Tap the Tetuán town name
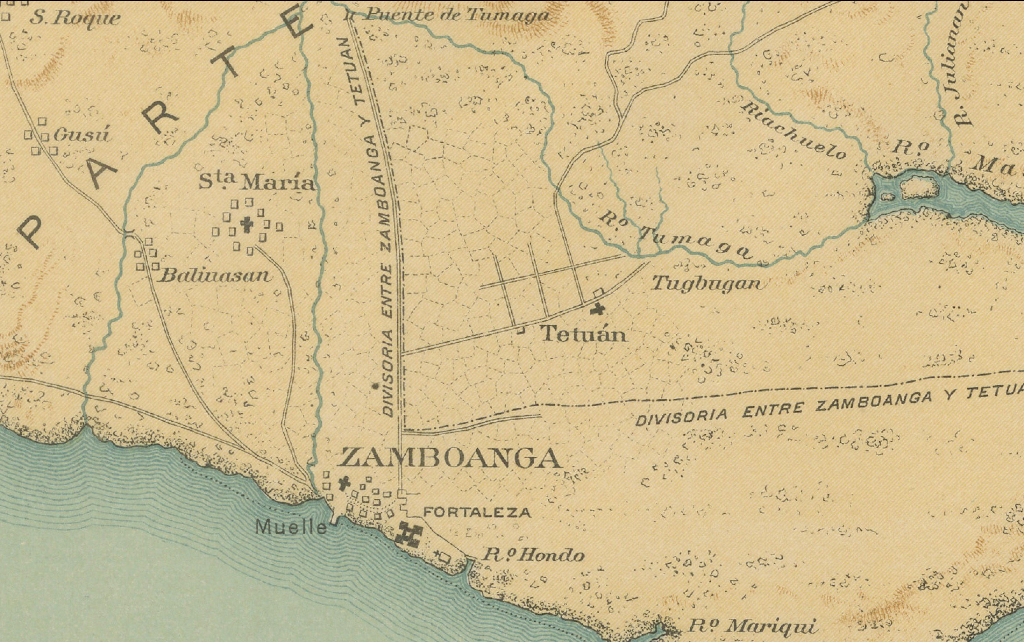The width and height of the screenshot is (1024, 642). tap(584, 335)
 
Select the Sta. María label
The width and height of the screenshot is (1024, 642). tap(258, 183)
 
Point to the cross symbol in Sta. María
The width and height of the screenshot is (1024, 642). tap(246, 224)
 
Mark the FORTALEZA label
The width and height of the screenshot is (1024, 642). tap(477, 513)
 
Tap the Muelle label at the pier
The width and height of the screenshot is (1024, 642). tap(291, 527)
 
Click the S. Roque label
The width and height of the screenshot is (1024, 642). tap(75, 18)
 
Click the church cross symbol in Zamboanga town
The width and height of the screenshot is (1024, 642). tap(343, 484)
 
